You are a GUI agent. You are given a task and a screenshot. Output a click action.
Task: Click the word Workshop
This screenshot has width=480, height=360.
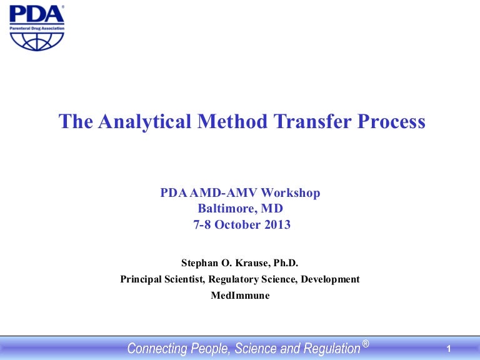(292, 193)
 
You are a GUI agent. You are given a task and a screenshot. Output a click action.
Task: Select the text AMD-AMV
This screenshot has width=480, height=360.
(221, 193)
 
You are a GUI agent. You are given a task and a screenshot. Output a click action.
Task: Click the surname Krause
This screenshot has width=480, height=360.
(259, 263)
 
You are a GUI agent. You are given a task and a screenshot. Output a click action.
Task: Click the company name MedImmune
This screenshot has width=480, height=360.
(240, 296)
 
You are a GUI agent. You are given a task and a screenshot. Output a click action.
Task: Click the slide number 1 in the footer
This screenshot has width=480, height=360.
(449, 348)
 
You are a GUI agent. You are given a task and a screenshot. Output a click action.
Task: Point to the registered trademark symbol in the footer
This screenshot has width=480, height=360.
(365, 343)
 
